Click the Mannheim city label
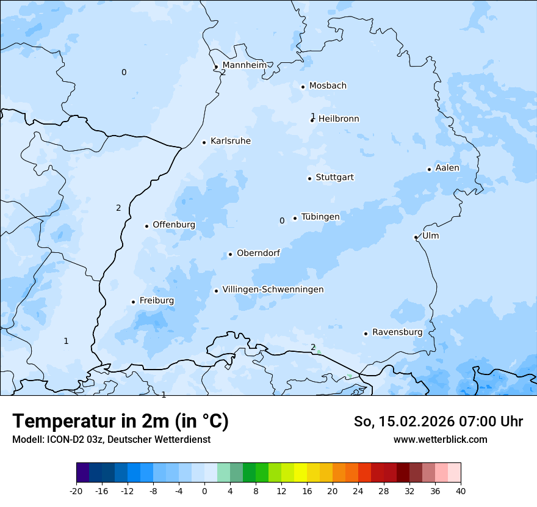[244, 65]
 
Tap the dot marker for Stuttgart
[309, 178]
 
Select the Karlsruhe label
[230, 141]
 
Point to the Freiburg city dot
[133, 302]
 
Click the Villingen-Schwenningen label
[273, 290]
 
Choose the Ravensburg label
[397, 332]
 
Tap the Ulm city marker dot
[416, 237]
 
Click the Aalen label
[447, 168]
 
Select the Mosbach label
[328, 86]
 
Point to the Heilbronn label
[339, 119]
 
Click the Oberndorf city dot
[230, 254]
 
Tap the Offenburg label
[174, 225]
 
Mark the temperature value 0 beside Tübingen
[282, 221]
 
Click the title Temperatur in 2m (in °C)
[120, 421]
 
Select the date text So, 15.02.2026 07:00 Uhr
[438, 421]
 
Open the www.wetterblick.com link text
[440, 439]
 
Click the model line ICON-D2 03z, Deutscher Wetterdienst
[111, 439]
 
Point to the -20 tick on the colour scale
[76, 491]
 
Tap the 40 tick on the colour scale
[460, 491]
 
